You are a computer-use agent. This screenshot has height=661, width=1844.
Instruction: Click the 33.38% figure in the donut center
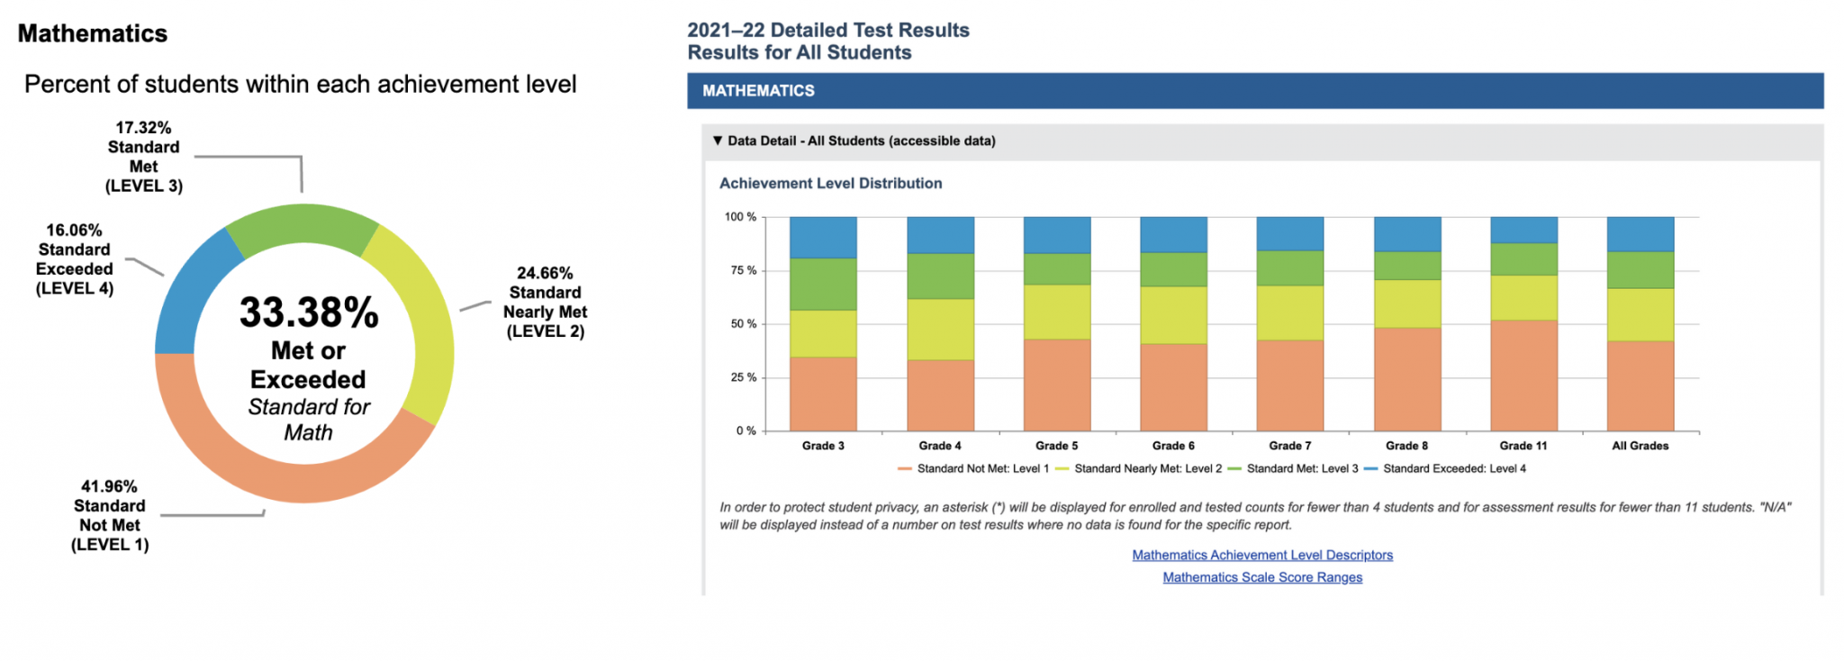coord(309,313)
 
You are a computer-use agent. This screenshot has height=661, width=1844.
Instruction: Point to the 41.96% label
coord(109,487)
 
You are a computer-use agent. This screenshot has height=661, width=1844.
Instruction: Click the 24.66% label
coord(545,273)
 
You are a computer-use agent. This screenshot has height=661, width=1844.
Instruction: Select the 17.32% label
coord(143,128)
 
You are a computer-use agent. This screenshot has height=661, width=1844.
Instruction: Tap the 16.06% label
coord(74,231)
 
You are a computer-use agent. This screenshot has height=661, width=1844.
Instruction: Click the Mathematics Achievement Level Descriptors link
coord(1262,556)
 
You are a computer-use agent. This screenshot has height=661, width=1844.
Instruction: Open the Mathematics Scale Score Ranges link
coord(1262,578)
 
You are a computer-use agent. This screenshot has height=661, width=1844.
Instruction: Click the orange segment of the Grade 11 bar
coord(1523,375)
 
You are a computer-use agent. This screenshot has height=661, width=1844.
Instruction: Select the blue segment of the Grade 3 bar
coord(823,237)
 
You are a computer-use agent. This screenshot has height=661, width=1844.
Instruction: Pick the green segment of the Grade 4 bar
coord(940,276)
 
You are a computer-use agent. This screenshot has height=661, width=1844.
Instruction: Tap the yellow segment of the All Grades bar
coord(1640,314)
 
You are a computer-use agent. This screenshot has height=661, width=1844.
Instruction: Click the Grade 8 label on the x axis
coord(1406,446)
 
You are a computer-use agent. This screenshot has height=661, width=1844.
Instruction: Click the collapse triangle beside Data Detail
coord(718,140)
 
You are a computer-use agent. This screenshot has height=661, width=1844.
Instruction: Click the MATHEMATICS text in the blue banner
coord(758,91)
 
